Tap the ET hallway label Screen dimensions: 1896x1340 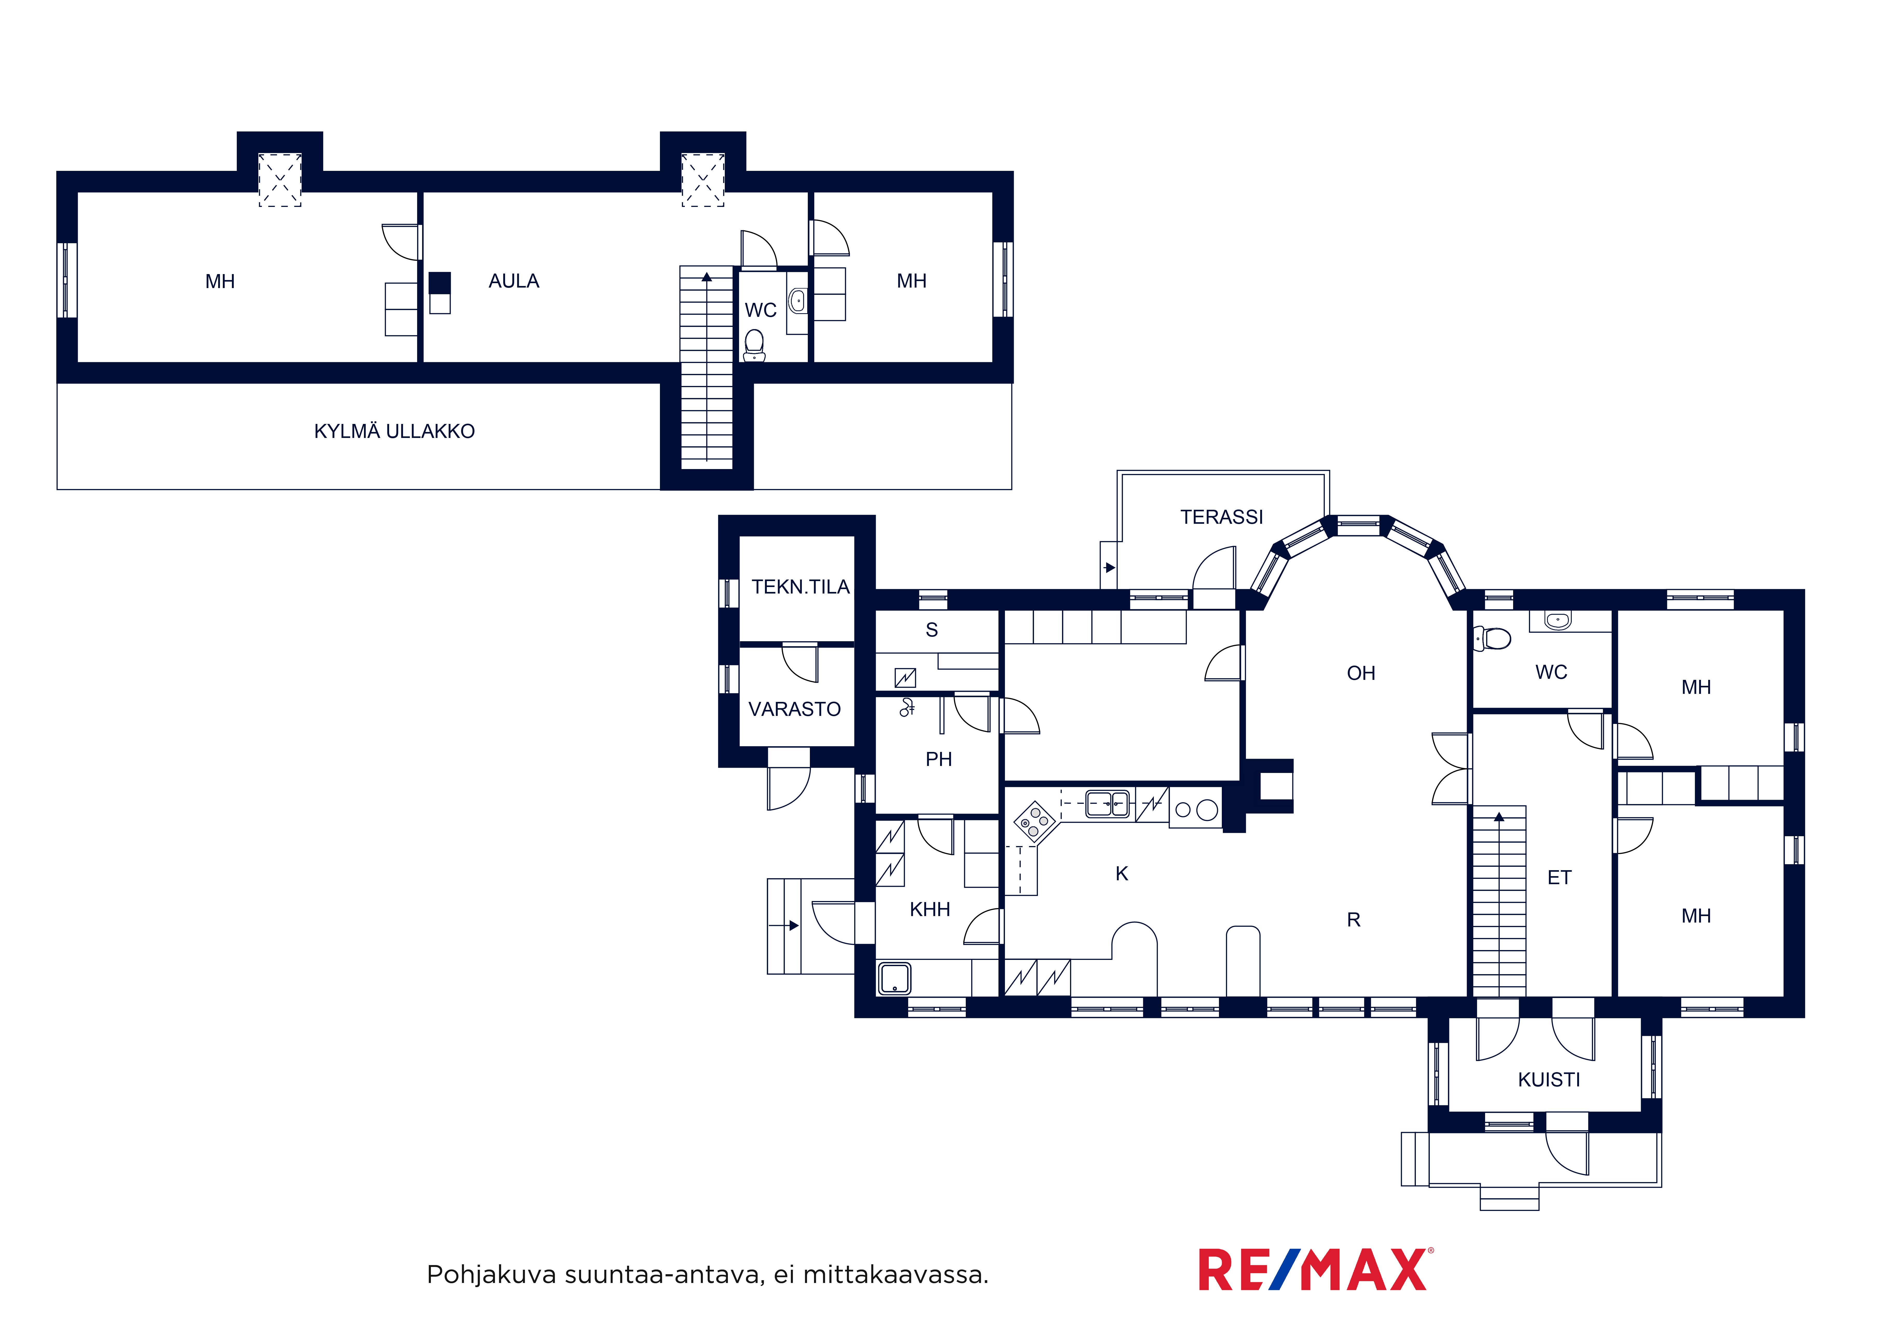click(1559, 878)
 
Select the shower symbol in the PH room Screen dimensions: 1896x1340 click(907, 708)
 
